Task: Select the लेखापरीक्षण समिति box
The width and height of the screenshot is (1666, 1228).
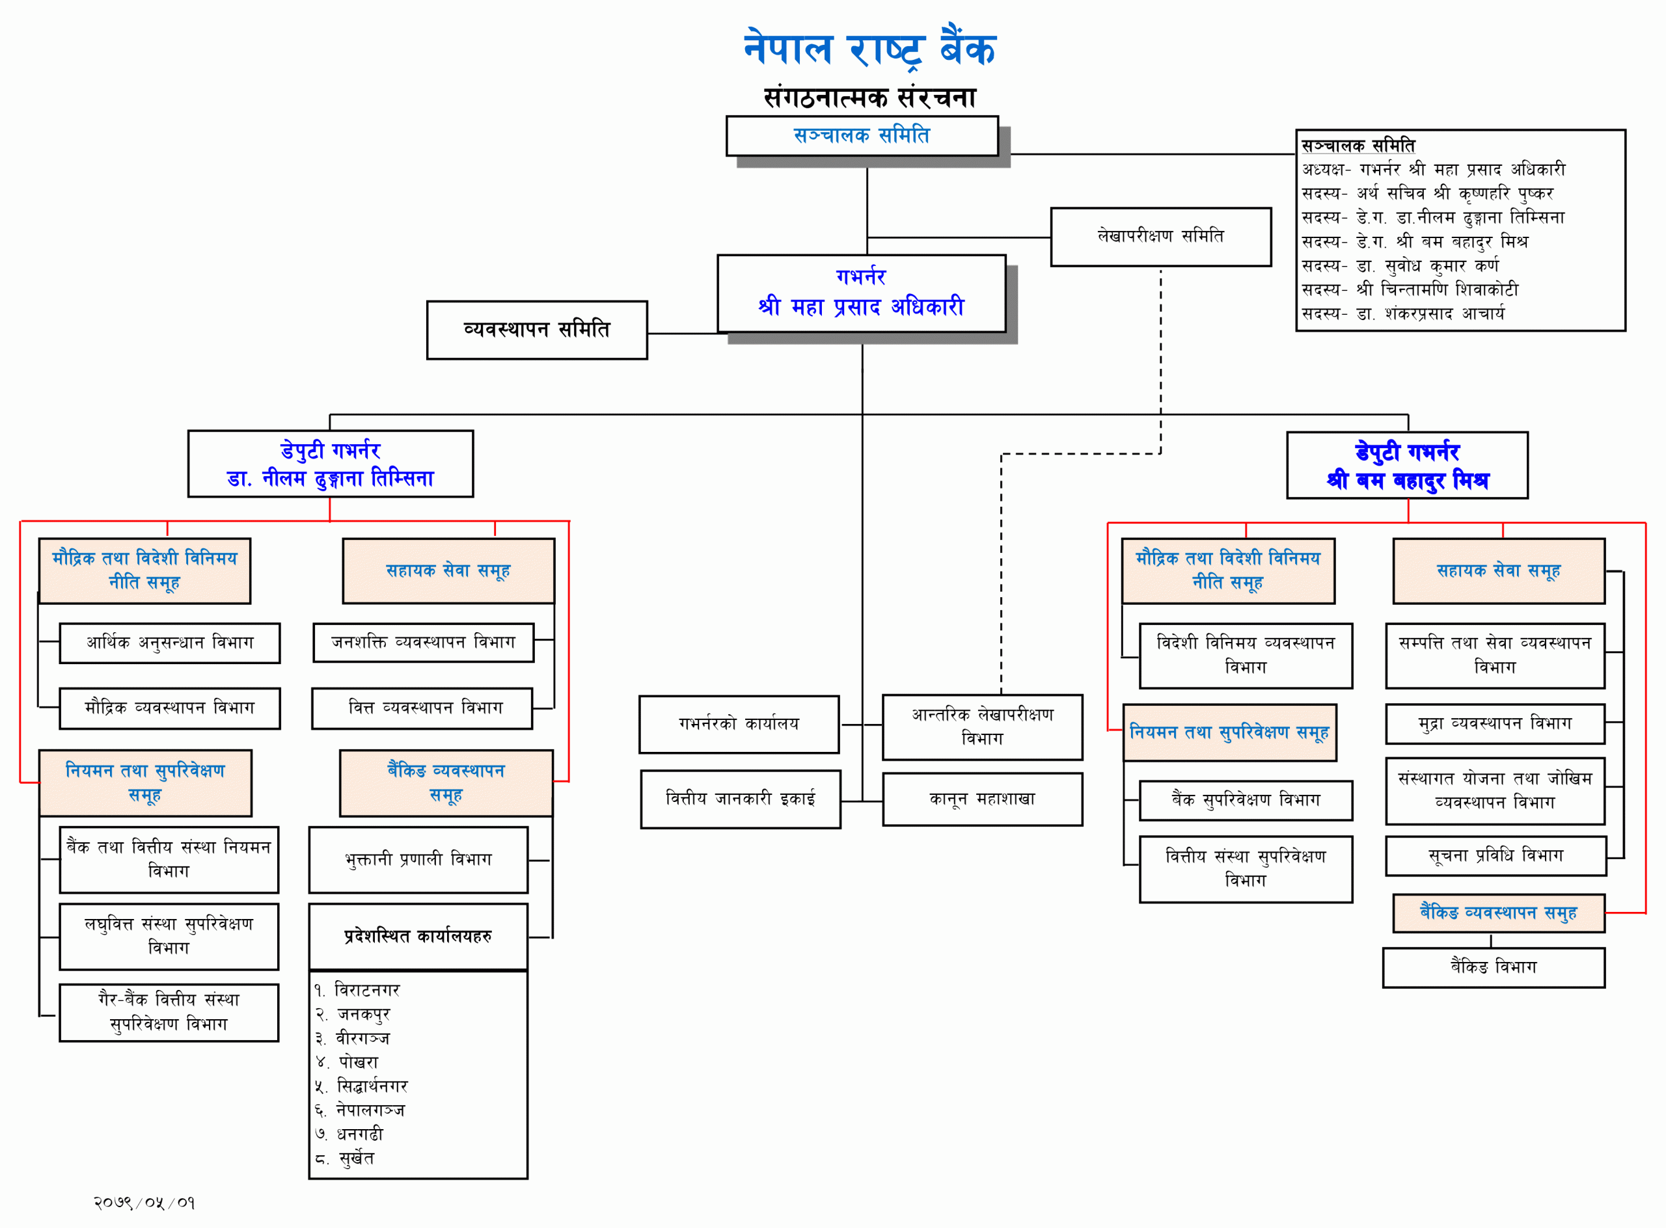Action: [x=1160, y=236]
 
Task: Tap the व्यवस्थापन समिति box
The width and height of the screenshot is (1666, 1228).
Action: [x=536, y=330]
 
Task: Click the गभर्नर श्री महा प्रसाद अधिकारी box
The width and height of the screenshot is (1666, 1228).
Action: [x=861, y=293]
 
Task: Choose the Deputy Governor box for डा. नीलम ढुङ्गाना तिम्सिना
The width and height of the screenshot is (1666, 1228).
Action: [x=330, y=464]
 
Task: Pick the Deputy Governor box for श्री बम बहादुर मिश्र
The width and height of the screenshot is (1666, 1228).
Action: [x=1407, y=465]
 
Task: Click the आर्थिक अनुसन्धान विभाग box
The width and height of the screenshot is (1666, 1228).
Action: [x=170, y=643]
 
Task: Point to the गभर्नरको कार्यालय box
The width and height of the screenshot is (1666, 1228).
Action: [x=739, y=724]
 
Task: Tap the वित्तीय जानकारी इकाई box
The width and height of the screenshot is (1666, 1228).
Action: [x=740, y=799]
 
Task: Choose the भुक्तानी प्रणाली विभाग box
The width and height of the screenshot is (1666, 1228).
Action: [x=418, y=860]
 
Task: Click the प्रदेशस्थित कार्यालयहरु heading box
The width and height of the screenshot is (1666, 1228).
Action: [x=418, y=937]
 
